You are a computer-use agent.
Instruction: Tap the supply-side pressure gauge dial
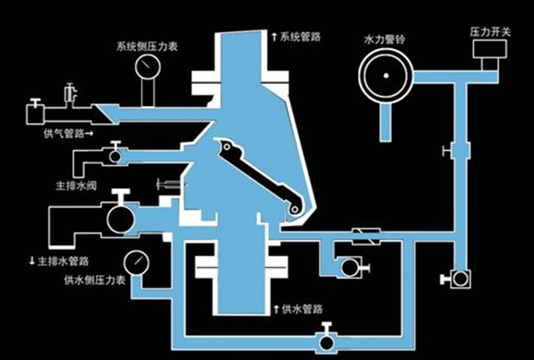(x=135, y=261)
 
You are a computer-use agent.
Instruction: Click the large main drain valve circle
(x=117, y=217)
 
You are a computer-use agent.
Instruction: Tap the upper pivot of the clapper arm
(x=229, y=150)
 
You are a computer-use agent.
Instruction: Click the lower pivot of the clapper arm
(x=294, y=212)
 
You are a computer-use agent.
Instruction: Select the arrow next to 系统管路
(x=274, y=35)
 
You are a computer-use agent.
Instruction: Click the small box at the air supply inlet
(x=33, y=114)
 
